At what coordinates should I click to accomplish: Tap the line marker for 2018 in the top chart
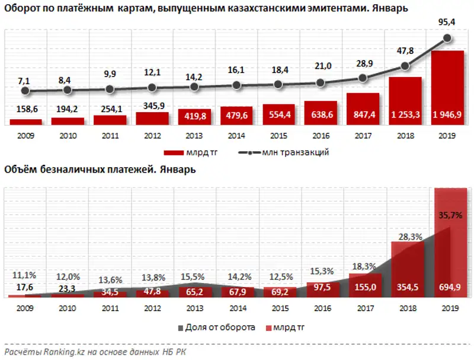pyautogui.click(x=405, y=66)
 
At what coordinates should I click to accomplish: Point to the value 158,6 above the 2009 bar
pyautogui.click(x=26, y=110)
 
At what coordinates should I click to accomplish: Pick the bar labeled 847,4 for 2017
pyautogui.click(x=363, y=109)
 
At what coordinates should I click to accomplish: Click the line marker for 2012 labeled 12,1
pyautogui.click(x=152, y=88)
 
